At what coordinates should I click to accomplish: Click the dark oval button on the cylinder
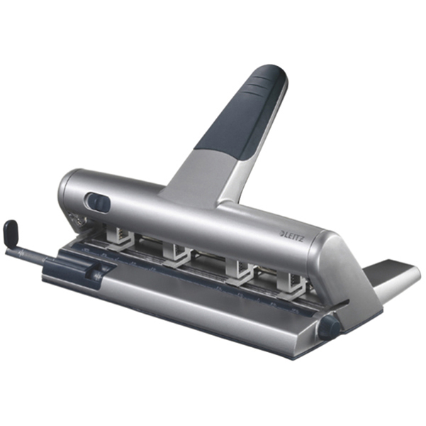[x=98, y=203]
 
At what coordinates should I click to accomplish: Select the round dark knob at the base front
[x=329, y=327]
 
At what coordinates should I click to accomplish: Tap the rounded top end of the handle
[x=273, y=71]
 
